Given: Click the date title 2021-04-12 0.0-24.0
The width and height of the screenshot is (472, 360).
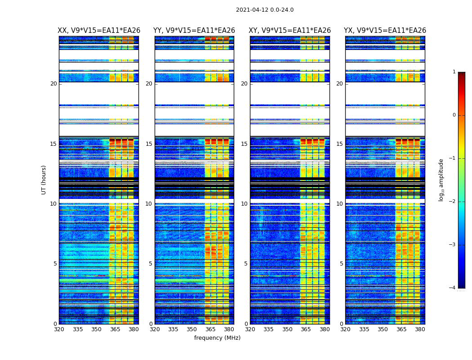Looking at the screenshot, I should coord(265,10).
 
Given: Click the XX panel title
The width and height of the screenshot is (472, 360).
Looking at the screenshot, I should coord(99,31).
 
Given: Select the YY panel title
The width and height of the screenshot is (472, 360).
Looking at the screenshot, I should coord(194,31).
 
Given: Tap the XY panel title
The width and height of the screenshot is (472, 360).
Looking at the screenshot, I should coord(290,31).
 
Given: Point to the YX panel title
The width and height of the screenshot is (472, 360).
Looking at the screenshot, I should coord(385,31).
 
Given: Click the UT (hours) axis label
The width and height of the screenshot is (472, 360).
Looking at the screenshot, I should coord(44,180).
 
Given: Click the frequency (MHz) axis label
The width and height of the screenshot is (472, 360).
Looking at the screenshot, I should coord(217,338).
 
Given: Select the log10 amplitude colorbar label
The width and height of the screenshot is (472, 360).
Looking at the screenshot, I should coord(441,180).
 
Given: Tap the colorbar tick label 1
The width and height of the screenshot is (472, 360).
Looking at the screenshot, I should coord(454,72).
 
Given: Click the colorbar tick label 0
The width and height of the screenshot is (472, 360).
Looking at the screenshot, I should coord(454,115).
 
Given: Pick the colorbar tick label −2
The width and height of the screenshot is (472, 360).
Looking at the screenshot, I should coord(453,202).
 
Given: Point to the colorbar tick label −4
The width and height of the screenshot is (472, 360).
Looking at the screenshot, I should coord(453,288).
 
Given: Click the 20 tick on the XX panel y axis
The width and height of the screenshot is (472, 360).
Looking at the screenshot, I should coord(53,84).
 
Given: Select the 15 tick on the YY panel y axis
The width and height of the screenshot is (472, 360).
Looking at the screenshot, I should coord(149,144).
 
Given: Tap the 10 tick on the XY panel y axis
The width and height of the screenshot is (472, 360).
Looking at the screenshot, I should coord(244,204).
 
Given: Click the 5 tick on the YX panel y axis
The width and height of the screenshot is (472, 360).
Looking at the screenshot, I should coord(342,264).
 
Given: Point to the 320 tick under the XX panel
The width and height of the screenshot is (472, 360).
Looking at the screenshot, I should coord(59,329).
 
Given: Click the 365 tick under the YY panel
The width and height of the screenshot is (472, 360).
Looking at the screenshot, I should coord(210,329).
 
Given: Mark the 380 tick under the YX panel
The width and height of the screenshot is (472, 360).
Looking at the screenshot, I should coord(420,329).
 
